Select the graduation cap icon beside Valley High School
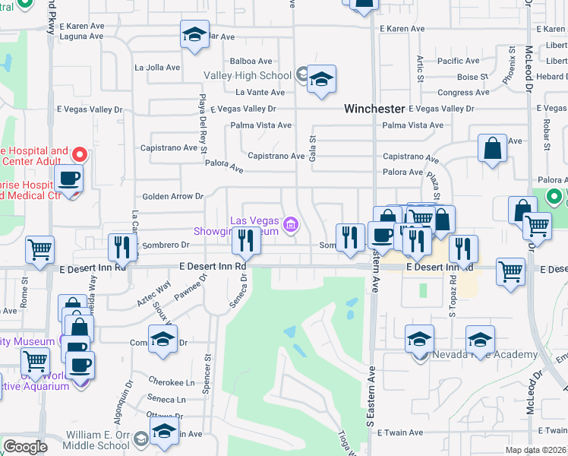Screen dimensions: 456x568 click(322, 79)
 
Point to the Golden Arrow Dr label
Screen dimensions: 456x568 click(173, 196)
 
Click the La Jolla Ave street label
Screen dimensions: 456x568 click(157, 67)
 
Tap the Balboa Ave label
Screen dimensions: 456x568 click(251, 61)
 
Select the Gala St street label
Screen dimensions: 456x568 click(311, 139)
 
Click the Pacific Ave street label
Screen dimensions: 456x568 click(459, 61)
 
